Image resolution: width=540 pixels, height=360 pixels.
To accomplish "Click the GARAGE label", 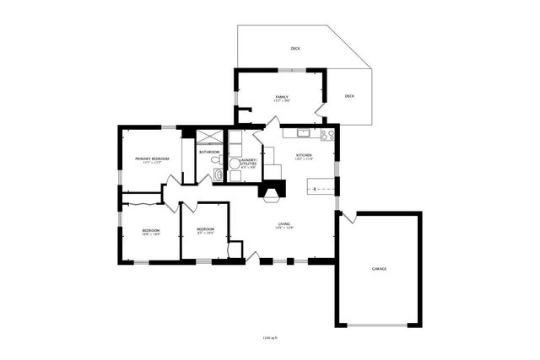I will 379,268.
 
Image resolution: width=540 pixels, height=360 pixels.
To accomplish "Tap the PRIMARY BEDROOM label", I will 152,159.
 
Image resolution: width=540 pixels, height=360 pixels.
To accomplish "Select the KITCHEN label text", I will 304,155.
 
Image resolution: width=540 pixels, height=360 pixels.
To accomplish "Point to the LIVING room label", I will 285,223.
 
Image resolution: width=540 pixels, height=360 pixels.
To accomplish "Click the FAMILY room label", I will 282,97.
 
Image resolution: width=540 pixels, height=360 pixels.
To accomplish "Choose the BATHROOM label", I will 209,152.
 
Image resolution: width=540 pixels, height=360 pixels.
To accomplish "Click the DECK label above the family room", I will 295,48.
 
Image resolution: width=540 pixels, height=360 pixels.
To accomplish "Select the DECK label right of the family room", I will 349,95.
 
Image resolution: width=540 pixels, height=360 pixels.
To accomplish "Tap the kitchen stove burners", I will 327,133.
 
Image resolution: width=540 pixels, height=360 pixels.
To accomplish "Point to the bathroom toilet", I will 216,159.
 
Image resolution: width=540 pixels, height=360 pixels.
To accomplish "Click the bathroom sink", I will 219,175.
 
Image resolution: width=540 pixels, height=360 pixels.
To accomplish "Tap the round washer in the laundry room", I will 235,164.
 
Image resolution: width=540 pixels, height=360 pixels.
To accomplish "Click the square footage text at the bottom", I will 270,338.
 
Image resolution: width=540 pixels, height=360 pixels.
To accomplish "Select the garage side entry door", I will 348,217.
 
